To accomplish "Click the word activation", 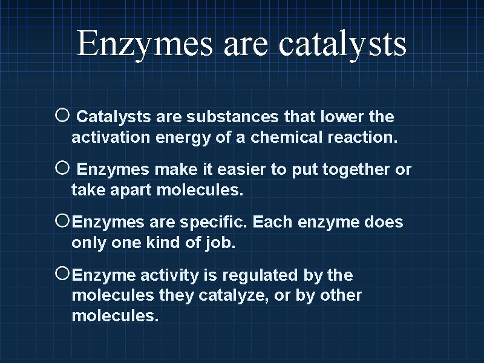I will tap(111, 137).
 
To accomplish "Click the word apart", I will tap(129, 191).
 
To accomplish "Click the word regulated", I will tap(260, 276).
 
